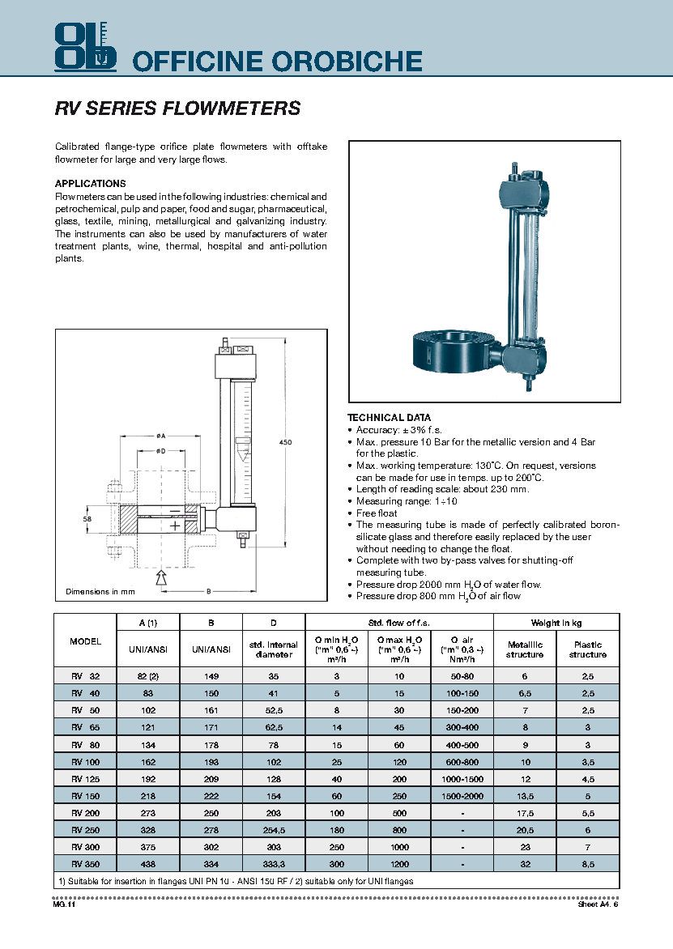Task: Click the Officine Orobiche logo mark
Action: click(85, 45)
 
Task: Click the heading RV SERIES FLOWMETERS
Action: click(177, 109)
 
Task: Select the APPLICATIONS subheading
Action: click(90, 184)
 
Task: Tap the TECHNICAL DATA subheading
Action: click(390, 418)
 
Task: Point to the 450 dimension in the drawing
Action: click(285, 442)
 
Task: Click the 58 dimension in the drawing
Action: click(88, 519)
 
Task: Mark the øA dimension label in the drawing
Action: click(161, 435)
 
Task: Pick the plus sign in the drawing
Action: click(175, 526)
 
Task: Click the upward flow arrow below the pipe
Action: click(160, 577)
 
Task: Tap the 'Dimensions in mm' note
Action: click(100, 592)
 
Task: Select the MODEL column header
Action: click(86, 640)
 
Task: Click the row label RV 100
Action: click(86, 762)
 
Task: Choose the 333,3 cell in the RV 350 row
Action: click(273, 864)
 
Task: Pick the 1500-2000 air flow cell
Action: click(462, 796)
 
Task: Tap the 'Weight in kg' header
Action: click(556, 623)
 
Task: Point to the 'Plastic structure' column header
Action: click(587, 649)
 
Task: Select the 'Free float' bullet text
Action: click(377, 513)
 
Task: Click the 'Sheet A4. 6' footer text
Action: click(598, 904)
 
